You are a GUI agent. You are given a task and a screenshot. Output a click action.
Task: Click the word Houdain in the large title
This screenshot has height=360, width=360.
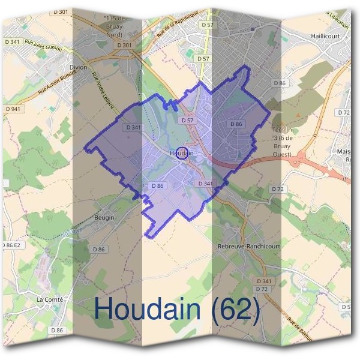[x=147, y=309]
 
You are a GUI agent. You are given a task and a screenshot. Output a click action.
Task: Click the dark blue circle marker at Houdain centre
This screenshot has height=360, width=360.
[x=184, y=152]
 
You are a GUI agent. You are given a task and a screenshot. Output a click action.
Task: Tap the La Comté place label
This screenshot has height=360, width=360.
[x=50, y=299]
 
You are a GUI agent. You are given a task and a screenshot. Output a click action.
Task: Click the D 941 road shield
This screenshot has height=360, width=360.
[x=13, y=109]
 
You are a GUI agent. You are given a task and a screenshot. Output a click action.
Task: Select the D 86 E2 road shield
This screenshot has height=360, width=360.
[x=11, y=245]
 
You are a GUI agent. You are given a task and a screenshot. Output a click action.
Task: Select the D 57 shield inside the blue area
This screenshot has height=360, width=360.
[x=188, y=121]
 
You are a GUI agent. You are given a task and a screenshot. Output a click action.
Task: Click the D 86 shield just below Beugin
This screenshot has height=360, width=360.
[x=99, y=249]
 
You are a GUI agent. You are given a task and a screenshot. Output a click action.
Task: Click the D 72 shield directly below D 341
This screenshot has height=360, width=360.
[x=261, y=289]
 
